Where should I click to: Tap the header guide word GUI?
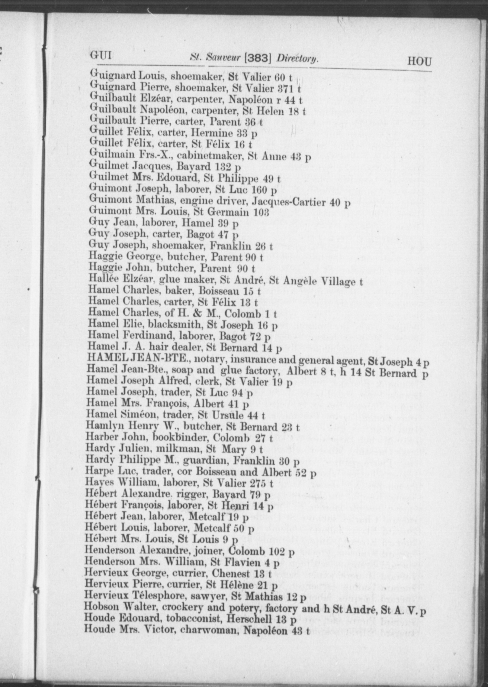pos(101,56)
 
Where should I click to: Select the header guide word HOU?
pos(419,62)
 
